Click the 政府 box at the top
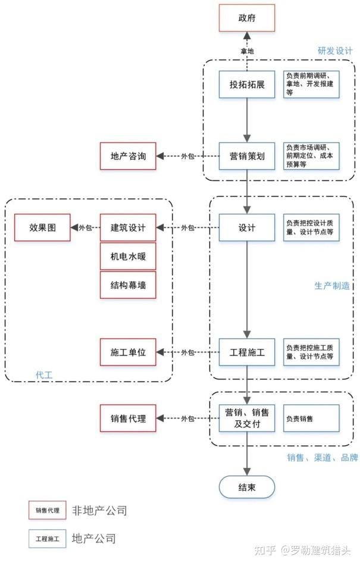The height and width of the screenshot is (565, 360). (x=247, y=18)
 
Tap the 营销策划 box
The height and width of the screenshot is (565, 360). (x=247, y=157)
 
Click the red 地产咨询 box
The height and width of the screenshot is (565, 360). (x=128, y=157)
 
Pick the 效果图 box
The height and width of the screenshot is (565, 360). (x=42, y=227)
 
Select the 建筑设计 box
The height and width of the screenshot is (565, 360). (x=128, y=227)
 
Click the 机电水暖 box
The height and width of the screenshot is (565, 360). (x=128, y=256)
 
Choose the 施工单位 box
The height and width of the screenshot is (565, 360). (x=128, y=352)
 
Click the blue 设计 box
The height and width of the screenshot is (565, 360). (x=247, y=227)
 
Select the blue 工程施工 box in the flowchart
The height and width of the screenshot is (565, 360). (x=247, y=352)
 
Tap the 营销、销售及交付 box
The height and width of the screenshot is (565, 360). (x=247, y=418)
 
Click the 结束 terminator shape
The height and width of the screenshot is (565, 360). (x=247, y=488)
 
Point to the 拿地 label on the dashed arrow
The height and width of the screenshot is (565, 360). (x=247, y=51)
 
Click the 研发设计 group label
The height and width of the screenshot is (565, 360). (x=335, y=51)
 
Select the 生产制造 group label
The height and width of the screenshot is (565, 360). (x=331, y=286)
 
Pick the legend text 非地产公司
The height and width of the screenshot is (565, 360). (x=99, y=510)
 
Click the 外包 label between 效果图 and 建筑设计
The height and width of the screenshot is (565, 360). (x=85, y=227)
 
